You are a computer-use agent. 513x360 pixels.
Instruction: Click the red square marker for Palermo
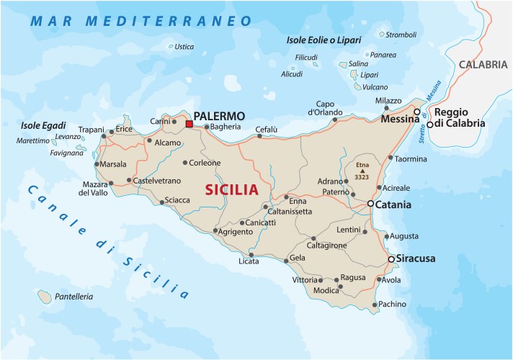tap(189, 124)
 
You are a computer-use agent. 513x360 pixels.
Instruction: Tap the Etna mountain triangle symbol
tap(362, 171)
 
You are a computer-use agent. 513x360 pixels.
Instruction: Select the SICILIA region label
tap(231, 190)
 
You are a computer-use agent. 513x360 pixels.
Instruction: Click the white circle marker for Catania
tap(370, 204)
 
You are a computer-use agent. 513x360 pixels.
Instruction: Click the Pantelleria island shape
tap(45, 296)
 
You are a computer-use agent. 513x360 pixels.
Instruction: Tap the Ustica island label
tap(184, 47)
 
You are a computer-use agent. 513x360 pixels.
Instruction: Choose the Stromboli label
tap(401, 35)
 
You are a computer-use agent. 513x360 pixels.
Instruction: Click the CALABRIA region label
tap(483, 64)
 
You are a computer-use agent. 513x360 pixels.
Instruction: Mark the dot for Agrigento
tap(215, 230)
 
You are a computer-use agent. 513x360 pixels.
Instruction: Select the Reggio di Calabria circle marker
tap(429, 124)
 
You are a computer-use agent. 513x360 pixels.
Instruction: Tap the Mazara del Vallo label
tap(94, 189)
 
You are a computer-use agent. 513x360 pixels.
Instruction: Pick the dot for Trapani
tap(104, 135)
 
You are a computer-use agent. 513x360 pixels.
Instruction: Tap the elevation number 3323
tap(362, 177)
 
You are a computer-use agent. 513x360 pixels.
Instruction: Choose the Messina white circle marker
tap(416, 112)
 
